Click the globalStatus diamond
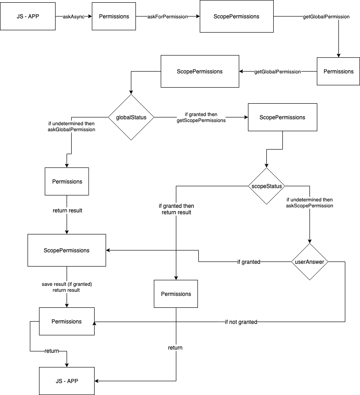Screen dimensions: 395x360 (x=131, y=117)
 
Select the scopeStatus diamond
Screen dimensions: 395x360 (x=266, y=186)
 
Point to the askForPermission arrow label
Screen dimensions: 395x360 (x=168, y=17)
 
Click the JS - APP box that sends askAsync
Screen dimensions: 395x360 (x=28, y=17)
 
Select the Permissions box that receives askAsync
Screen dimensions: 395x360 (x=114, y=17)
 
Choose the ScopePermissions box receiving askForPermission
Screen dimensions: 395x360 (x=236, y=17)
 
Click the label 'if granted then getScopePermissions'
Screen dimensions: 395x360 (x=201, y=117)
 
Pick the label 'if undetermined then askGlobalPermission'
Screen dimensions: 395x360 (x=72, y=127)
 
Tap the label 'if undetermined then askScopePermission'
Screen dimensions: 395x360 (x=309, y=203)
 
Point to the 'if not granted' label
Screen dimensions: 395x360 (x=241, y=322)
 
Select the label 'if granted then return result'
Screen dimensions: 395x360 (x=176, y=209)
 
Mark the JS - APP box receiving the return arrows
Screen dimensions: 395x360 (x=67, y=381)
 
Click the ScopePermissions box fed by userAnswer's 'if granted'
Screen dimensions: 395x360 (x=67, y=250)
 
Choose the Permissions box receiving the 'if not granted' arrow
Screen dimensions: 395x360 (x=67, y=321)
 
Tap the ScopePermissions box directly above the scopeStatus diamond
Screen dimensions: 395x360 (x=282, y=117)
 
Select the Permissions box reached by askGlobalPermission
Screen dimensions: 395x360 (x=67, y=181)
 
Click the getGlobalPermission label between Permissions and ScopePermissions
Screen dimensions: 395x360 (x=277, y=72)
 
